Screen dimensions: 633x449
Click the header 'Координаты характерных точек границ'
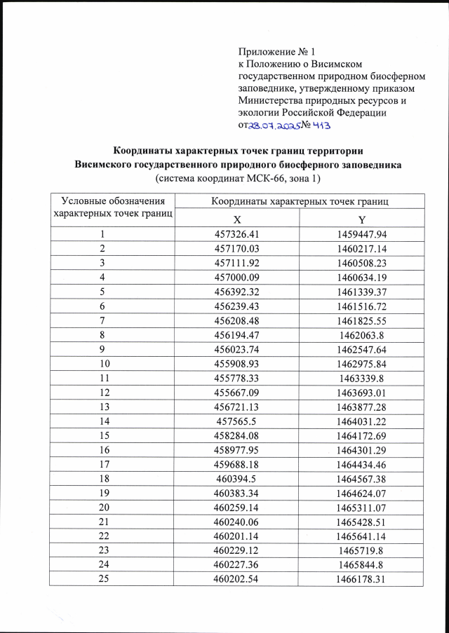tap(300, 201)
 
